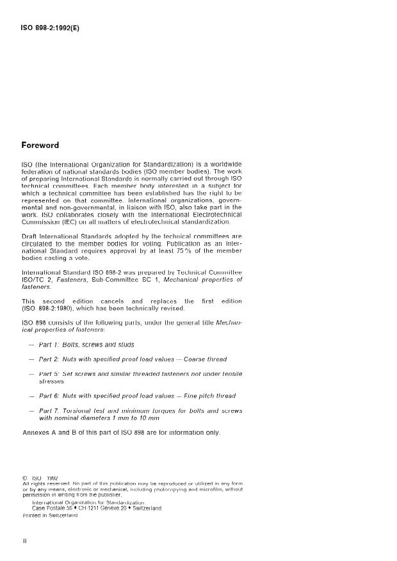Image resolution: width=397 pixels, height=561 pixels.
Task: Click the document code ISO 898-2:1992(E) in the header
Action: [51, 29]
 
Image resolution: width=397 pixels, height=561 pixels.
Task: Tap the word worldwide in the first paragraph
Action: [223, 164]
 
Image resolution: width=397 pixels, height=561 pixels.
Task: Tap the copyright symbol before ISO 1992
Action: [24, 477]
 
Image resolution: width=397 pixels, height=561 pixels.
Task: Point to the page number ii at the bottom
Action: [24, 541]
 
